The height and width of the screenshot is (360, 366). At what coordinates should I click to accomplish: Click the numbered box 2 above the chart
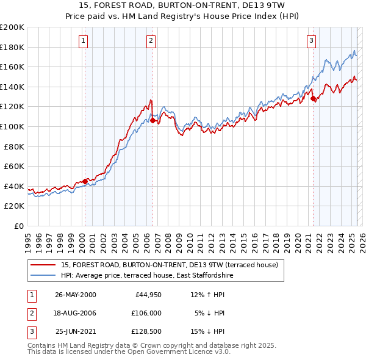(x=151, y=41)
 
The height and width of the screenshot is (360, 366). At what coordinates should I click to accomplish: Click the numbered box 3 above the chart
(x=311, y=41)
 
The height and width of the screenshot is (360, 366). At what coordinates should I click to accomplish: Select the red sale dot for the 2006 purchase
(x=152, y=120)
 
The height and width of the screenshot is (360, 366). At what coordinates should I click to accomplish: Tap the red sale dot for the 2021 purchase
(x=313, y=98)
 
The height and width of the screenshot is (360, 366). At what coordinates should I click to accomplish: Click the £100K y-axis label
(x=12, y=126)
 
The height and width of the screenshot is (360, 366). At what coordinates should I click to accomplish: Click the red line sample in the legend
(x=43, y=265)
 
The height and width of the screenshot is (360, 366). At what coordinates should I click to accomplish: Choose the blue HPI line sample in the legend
(x=43, y=275)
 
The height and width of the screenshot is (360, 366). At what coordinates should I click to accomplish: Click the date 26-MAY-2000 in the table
(x=75, y=295)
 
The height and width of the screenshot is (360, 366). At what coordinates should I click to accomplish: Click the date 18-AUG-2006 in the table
(x=75, y=313)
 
